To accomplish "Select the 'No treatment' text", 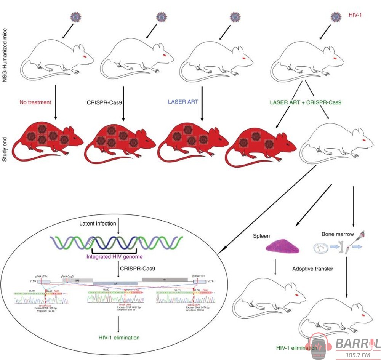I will (x=35, y=102).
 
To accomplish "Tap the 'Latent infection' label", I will (x=98, y=223).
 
